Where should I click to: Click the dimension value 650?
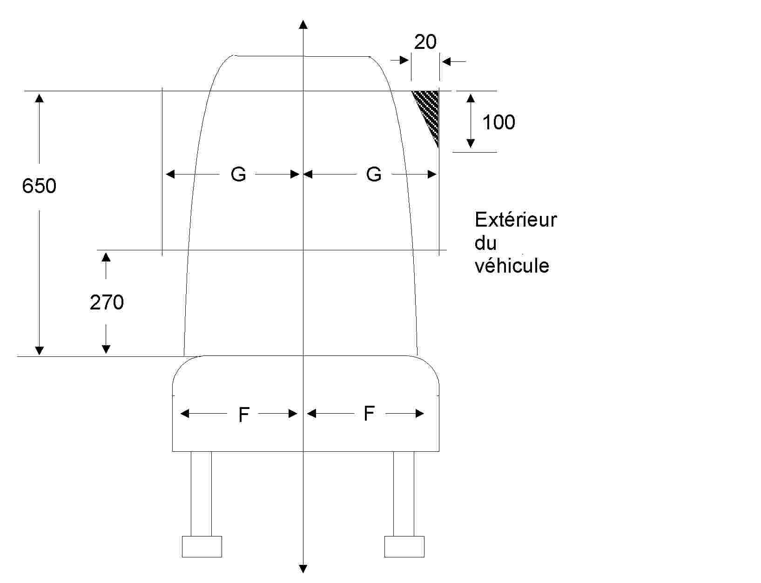pyautogui.click(x=39, y=186)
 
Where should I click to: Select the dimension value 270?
pyautogui.click(x=107, y=302)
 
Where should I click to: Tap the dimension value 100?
pyautogui.click(x=498, y=122)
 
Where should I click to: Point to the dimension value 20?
pyautogui.click(x=425, y=42)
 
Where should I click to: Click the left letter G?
pyautogui.click(x=238, y=174)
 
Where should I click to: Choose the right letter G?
pyautogui.click(x=374, y=174)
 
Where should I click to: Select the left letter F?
pyautogui.click(x=244, y=415)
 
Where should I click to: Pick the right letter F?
pyautogui.click(x=369, y=413)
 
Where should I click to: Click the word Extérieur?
pyautogui.click(x=516, y=220)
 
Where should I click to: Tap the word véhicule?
pyautogui.click(x=512, y=266)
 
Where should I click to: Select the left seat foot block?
pyautogui.click(x=202, y=546)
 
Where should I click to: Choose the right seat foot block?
pyautogui.click(x=404, y=546)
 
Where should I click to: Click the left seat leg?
pyautogui.click(x=201, y=493)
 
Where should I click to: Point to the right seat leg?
pyautogui.click(x=404, y=493)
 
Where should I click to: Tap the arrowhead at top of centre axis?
pyautogui.click(x=303, y=25)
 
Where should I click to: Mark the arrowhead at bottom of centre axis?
pyautogui.click(x=303, y=569)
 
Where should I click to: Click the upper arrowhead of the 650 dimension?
pyautogui.click(x=39, y=98)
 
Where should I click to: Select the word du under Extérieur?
pyautogui.click(x=485, y=243)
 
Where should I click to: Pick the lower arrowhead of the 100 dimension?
pyautogui.click(x=471, y=143)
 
